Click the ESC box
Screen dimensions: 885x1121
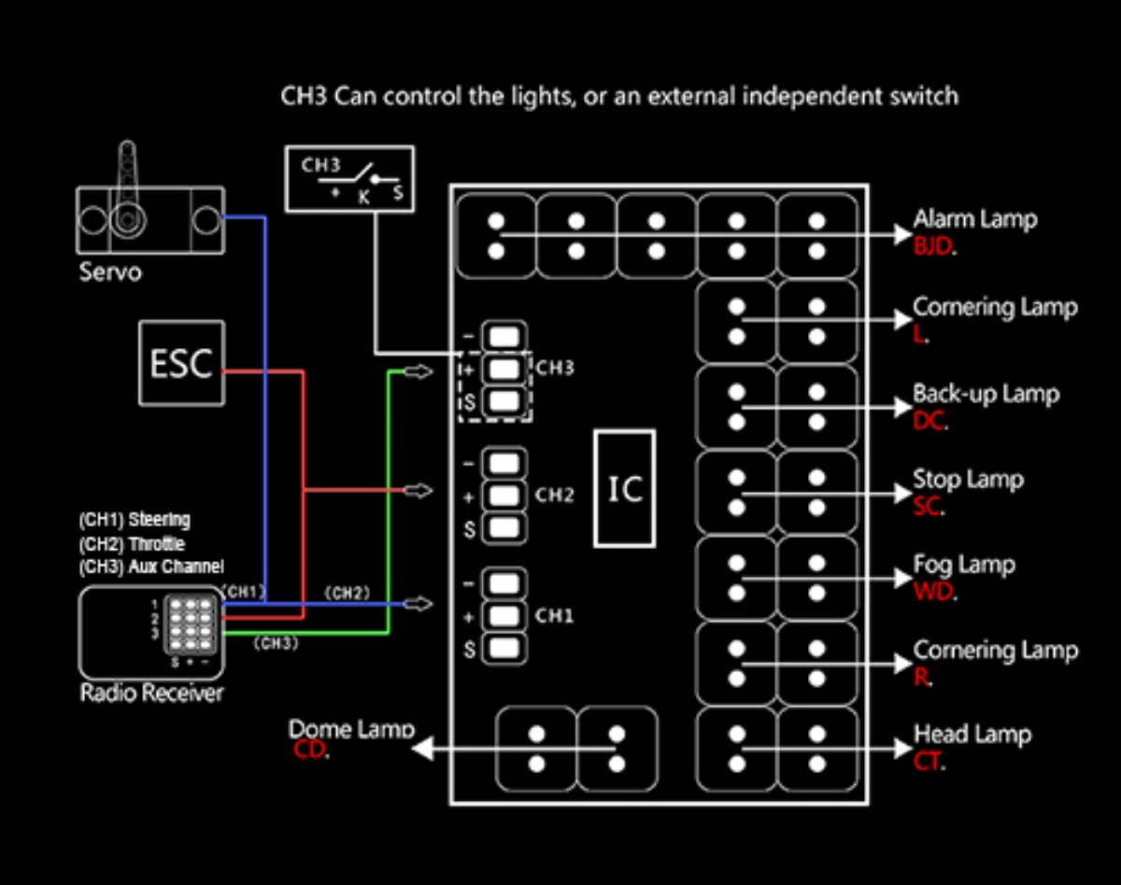pyautogui.click(x=181, y=363)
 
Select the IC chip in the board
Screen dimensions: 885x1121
pyautogui.click(x=625, y=488)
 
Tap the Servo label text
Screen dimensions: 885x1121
pyautogui.click(x=110, y=273)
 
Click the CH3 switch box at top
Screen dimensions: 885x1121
pyautogui.click(x=348, y=178)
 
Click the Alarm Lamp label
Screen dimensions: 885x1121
pyautogui.click(x=975, y=220)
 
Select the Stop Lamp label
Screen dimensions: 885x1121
pyautogui.click(x=968, y=480)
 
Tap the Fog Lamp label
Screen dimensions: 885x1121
pyautogui.click(x=963, y=565)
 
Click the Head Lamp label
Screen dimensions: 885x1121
pyautogui.click(x=972, y=735)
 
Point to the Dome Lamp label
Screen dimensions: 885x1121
pyautogui.click(x=351, y=729)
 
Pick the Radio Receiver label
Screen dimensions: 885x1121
pyautogui.click(x=151, y=694)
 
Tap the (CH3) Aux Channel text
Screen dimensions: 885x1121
pyautogui.click(x=151, y=567)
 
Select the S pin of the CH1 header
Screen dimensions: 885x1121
pyautogui.click(x=504, y=648)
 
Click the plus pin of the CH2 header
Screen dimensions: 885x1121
pyautogui.click(x=504, y=496)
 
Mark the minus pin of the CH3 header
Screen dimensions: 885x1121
pyautogui.click(x=504, y=336)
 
